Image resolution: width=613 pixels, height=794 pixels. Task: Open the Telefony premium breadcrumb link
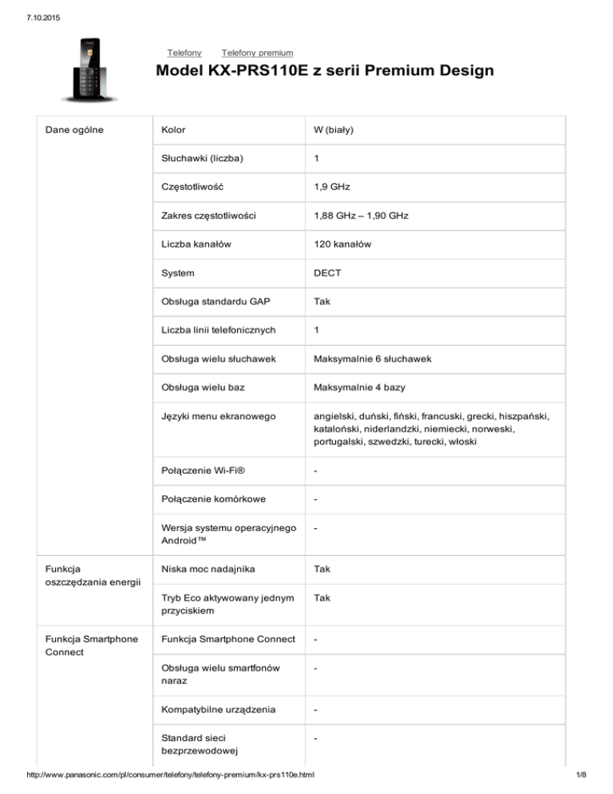coord(257,52)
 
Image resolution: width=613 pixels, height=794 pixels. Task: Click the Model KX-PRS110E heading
coord(325,72)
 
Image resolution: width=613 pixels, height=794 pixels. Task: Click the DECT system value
coord(328,272)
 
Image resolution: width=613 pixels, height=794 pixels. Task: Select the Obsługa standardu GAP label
coord(213,301)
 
